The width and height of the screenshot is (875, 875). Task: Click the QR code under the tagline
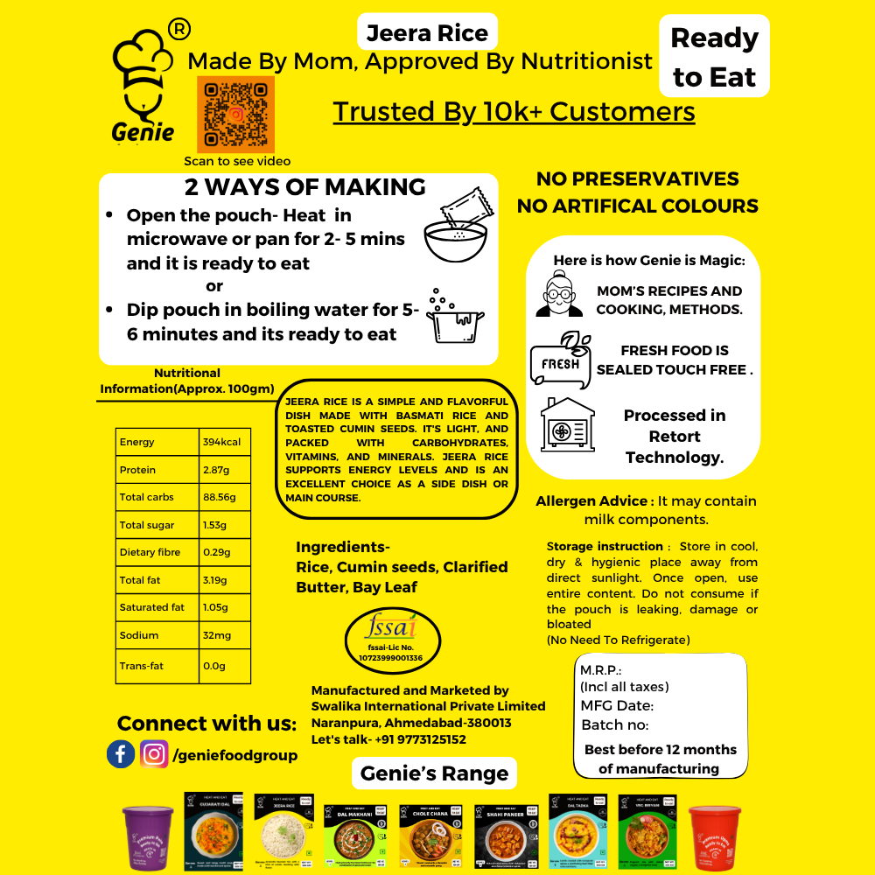point(235,115)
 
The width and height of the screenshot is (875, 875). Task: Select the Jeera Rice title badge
point(427,33)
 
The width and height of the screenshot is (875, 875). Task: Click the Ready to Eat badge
point(714,57)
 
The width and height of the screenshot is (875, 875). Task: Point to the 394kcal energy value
point(224,442)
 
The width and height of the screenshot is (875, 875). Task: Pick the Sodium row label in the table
point(139,635)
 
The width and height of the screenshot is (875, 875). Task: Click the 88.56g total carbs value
point(221,497)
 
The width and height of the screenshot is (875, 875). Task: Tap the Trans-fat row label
point(142,666)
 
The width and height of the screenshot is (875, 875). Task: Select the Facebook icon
point(121,754)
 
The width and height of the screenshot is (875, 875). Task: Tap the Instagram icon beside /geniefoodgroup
point(154,754)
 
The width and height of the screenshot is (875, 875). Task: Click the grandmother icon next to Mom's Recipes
point(558,295)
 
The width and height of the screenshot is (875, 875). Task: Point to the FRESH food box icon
point(561,360)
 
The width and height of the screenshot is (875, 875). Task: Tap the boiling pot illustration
point(454,316)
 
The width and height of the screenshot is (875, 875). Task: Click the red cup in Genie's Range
point(715,836)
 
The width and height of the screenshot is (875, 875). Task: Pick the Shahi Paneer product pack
point(507,831)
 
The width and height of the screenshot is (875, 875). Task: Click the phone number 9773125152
point(420,739)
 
